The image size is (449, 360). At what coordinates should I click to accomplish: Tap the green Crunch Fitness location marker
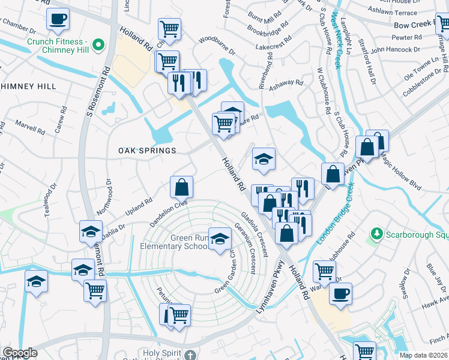97,44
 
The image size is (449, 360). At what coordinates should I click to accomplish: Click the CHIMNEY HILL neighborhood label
28,86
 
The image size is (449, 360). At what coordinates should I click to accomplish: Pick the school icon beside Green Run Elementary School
220,239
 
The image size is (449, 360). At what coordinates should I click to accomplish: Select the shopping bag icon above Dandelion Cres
181,187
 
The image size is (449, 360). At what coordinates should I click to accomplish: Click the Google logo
20,353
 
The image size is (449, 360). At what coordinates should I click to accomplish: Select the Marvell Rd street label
30,128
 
